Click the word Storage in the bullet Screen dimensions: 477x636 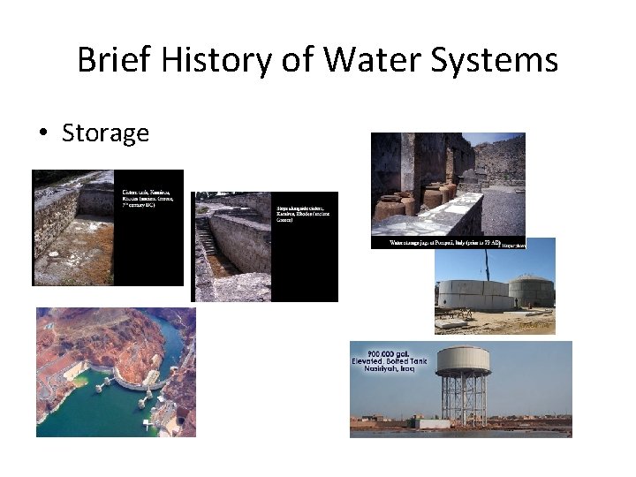105,133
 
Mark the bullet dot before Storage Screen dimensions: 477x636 42,134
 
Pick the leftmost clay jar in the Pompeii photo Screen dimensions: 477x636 390,208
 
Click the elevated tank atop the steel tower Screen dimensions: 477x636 464,360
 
